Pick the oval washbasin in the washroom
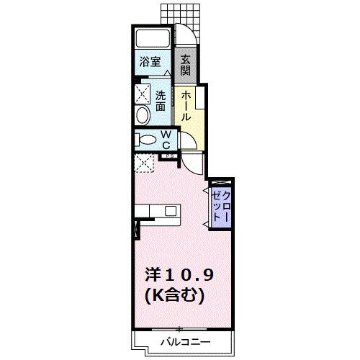click(x=141, y=116)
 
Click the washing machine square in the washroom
click(x=142, y=93)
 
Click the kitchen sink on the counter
click(x=170, y=211)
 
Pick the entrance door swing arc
click(x=186, y=36)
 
